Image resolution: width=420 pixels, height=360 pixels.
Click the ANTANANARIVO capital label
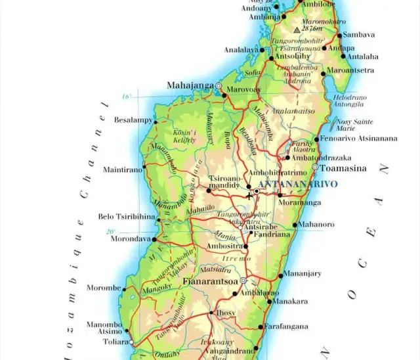[299, 184]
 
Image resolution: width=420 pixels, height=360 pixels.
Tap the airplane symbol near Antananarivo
[249, 195]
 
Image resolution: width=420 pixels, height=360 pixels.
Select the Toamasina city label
[339, 168]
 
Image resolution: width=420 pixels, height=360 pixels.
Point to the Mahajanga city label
[190, 85]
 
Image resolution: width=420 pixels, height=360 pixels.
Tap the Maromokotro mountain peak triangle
[297, 30]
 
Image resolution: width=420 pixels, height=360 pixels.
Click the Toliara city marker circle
[131, 342]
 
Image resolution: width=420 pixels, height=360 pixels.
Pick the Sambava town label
[359, 35]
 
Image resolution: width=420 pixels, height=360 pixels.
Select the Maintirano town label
[122, 169]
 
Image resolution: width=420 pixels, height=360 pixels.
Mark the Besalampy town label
[133, 120]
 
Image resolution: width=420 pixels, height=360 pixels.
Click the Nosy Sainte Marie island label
[354, 125]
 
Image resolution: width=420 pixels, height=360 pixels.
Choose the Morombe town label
[104, 288]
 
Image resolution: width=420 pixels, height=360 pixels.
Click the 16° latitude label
[127, 97]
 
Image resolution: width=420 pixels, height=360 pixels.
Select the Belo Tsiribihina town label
[126, 216]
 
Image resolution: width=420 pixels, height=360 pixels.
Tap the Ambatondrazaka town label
[322, 158]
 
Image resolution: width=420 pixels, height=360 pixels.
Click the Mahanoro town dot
[295, 225]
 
